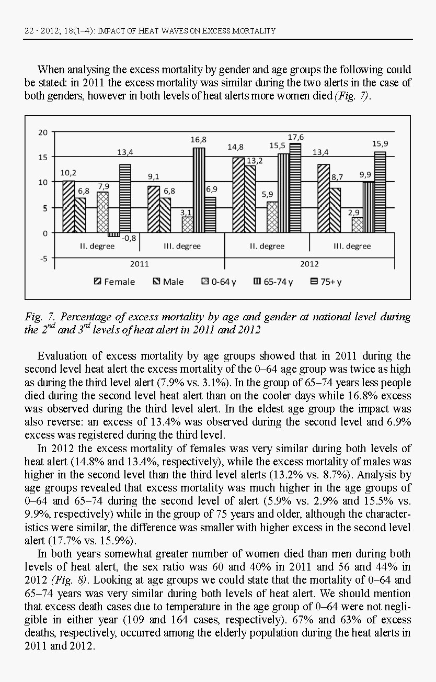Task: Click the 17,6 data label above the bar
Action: (295, 137)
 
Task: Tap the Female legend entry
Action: (114, 282)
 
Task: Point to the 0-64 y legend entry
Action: (219, 282)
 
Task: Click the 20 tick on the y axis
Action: (42, 132)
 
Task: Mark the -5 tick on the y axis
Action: (42, 258)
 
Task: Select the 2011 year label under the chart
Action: (140, 264)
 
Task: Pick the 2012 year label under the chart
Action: (309, 264)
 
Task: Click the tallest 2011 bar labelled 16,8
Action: (199, 190)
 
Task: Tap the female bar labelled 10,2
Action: (68, 207)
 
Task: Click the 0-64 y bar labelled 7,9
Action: (102, 212)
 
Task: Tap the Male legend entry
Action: (168, 282)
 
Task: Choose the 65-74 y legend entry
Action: (273, 282)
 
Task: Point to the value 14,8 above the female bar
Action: (235, 148)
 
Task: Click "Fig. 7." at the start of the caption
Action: (40, 317)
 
